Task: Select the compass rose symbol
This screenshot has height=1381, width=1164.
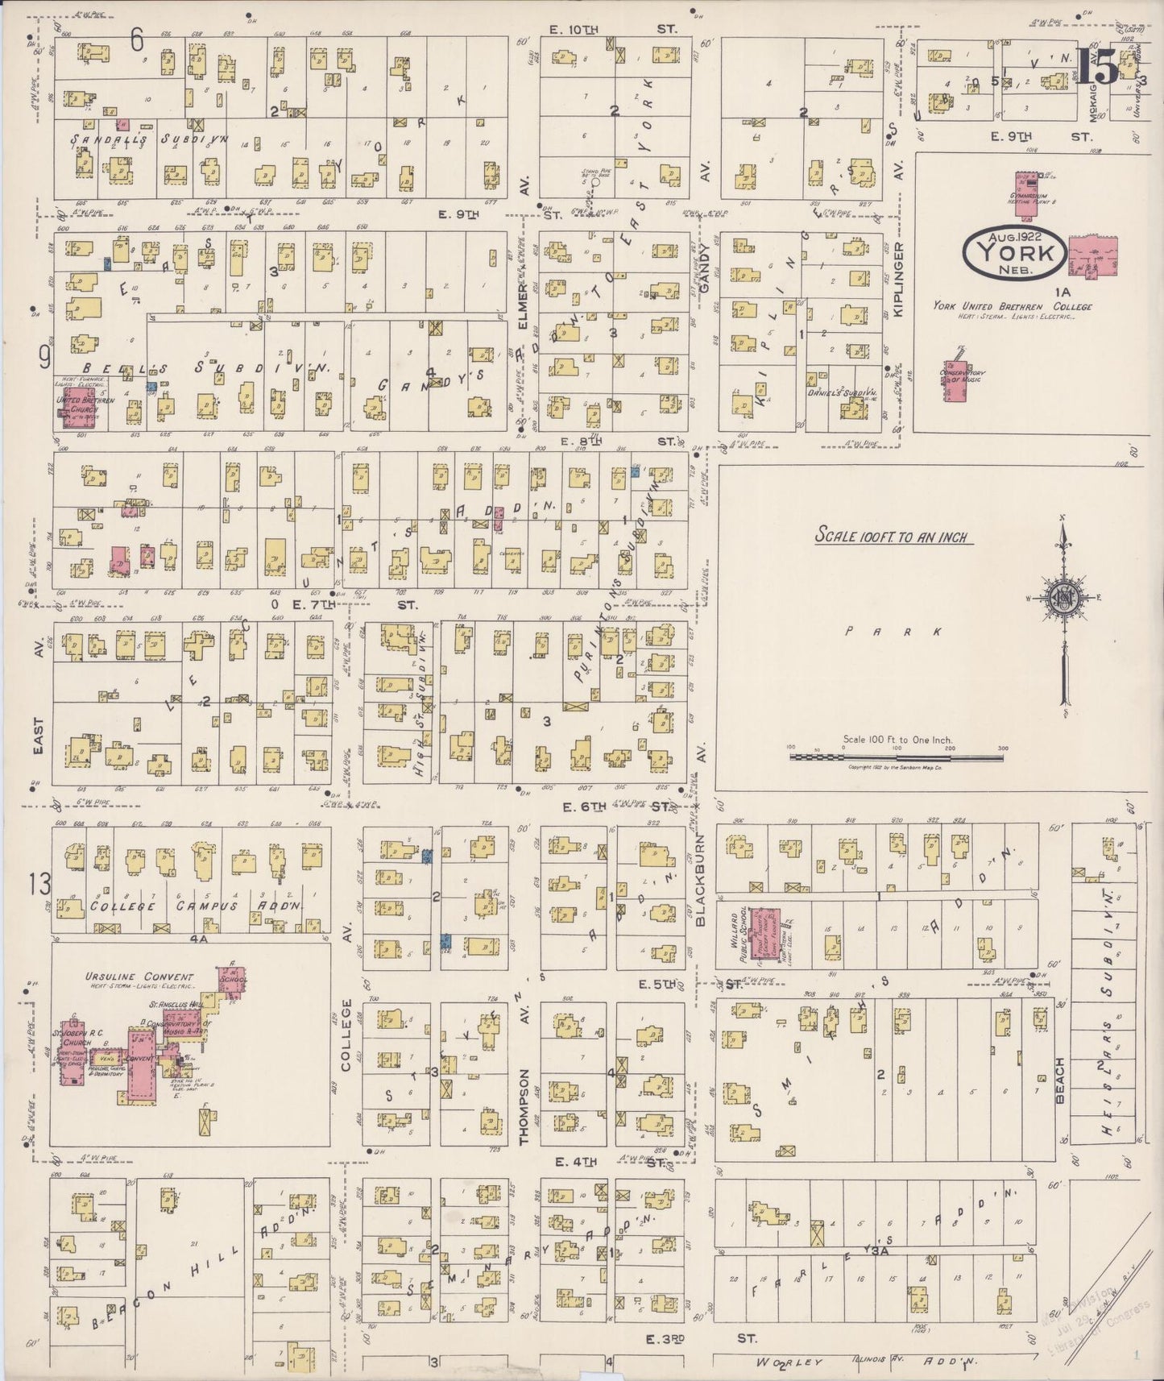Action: coord(1063,598)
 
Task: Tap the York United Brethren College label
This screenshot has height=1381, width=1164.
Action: coord(1013,306)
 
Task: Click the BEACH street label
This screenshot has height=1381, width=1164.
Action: coord(1061,1080)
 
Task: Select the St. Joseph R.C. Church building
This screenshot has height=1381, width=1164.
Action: coord(68,1069)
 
